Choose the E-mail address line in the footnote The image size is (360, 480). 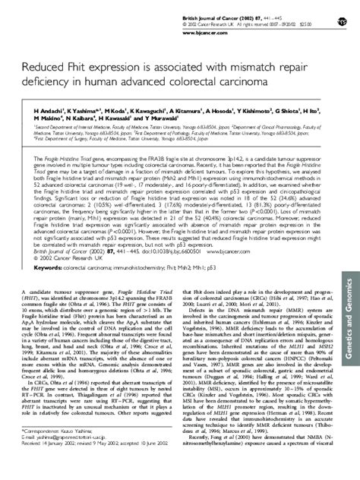tap(73, 455)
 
